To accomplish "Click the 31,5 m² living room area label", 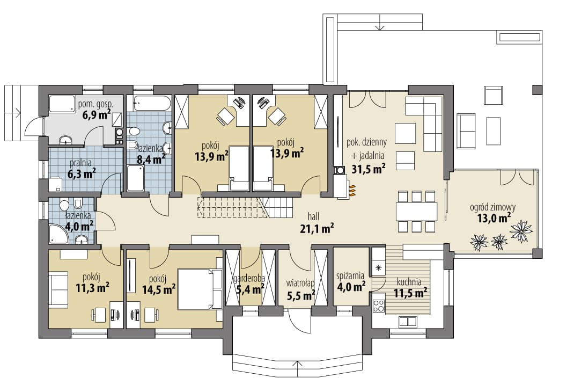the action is [x=368, y=169].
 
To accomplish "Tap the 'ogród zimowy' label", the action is [x=493, y=207].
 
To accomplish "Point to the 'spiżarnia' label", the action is [x=350, y=275].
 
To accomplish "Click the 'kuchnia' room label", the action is [x=409, y=282].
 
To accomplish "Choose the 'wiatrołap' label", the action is [x=300, y=283].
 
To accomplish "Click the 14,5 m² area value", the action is [x=158, y=289].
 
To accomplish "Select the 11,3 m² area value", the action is [x=92, y=288].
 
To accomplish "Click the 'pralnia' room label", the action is [x=80, y=163].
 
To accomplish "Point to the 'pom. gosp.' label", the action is [x=95, y=104].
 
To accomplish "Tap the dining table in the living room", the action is [x=417, y=212].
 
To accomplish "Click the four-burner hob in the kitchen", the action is [x=379, y=306].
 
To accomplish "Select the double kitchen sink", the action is [x=408, y=322].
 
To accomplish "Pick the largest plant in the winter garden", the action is [x=521, y=229].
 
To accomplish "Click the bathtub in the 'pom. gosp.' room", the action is [x=62, y=104].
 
